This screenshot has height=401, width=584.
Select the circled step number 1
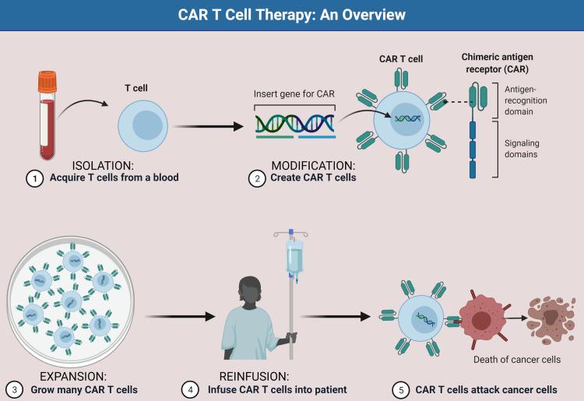click(33, 178)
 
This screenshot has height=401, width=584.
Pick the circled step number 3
click(14, 389)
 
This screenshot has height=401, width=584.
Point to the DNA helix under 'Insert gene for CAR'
click(295, 122)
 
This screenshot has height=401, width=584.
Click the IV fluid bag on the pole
click(294, 259)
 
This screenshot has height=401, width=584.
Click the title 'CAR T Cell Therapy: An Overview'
click(292, 15)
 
